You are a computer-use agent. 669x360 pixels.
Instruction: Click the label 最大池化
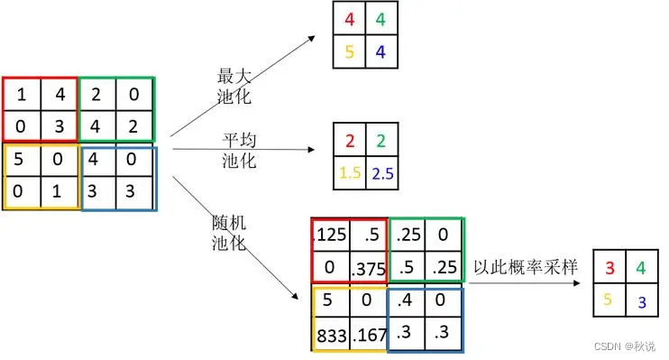click(232, 86)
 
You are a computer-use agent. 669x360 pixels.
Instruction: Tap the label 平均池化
click(239, 151)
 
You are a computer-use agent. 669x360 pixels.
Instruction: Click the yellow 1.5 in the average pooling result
click(348, 171)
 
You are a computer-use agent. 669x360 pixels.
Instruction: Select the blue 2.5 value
click(380, 171)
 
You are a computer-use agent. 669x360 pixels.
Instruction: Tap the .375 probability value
click(369, 268)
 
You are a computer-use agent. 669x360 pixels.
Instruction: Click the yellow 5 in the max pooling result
click(348, 52)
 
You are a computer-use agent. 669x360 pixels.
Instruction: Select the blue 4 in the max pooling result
click(380, 52)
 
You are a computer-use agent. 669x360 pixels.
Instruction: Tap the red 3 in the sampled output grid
click(609, 268)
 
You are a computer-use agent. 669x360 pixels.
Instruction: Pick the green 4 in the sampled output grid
click(641, 268)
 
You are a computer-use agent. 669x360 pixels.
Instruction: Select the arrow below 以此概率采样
click(523, 282)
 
